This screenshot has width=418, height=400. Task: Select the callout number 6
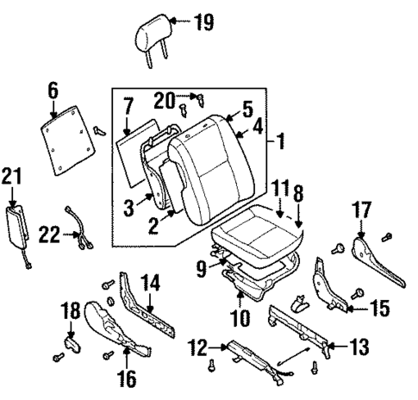pyautogui.click(x=53, y=89)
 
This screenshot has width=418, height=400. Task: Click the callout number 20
pyautogui.click(x=164, y=99)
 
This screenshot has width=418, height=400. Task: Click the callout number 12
pyautogui.click(x=197, y=348)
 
